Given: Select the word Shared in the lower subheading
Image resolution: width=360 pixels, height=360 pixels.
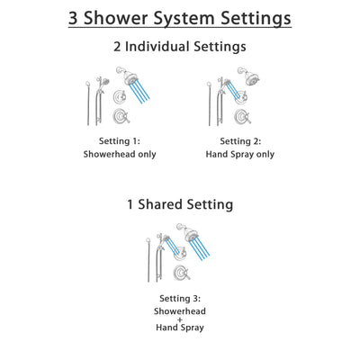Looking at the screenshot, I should click(x=166, y=204).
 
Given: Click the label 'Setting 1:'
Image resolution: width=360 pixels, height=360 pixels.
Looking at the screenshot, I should click(x=119, y=141).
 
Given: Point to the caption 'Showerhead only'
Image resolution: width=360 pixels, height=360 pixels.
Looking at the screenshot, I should click(x=119, y=154).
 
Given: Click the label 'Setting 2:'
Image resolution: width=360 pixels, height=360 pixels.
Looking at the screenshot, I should click(x=240, y=141).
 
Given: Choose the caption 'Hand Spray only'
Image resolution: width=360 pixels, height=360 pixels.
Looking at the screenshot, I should click(x=240, y=154).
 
